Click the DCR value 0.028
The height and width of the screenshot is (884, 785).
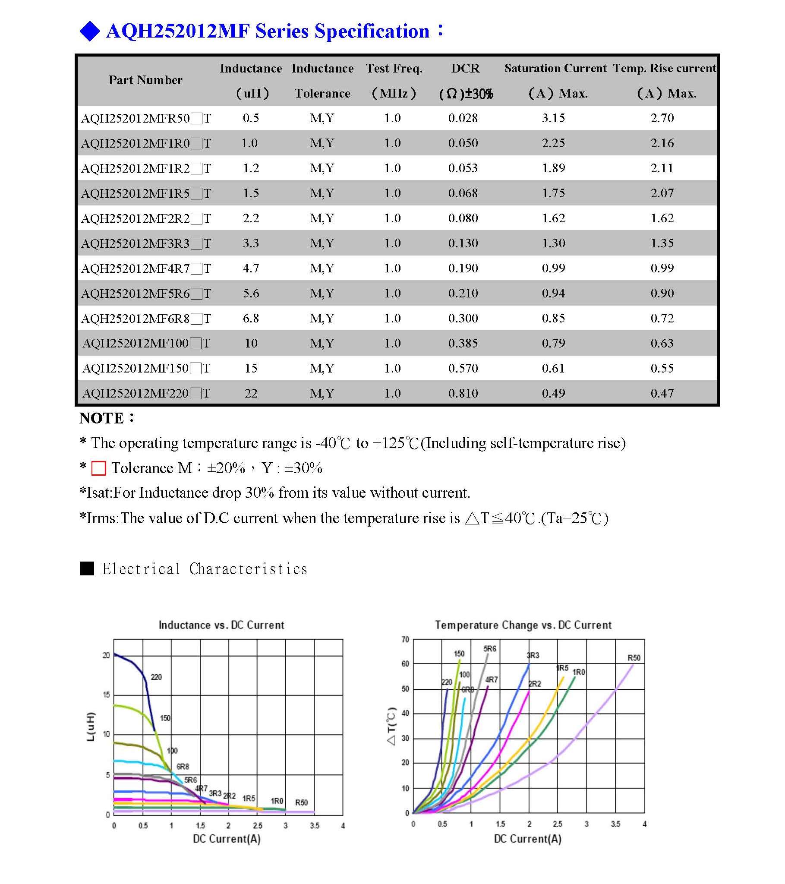(x=463, y=118)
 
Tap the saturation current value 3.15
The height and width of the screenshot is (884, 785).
(x=553, y=118)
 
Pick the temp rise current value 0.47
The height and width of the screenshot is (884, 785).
(x=662, y=393)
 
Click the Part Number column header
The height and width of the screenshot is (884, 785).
(x=145, y=80)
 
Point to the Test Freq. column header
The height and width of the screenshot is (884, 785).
(x=394, y=68)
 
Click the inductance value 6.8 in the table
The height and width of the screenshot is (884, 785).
(x=251, y=318)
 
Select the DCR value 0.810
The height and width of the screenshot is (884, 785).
(x=463, y=393)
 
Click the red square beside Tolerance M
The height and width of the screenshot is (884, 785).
(x=99, y=468)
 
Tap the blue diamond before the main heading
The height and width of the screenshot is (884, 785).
(x=90, y=32)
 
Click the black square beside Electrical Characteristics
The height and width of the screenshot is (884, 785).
(x=87, y=568)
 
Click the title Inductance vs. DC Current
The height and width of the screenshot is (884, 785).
(x=221, y=625)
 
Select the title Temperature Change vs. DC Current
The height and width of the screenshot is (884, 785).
(x=523, y=625)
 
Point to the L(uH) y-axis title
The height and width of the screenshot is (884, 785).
(x=90, y=726)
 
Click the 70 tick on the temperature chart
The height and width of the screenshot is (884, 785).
(x=405, y=639)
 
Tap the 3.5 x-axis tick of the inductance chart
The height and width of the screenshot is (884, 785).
(x=315, y=826)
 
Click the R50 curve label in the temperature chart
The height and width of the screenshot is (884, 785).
(x=634, y=658)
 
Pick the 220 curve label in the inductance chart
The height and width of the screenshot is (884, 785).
(x=156, y=677)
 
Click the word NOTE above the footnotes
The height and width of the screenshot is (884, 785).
(x=102, y=418)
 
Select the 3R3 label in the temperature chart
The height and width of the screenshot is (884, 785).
(x=533, y=655)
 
